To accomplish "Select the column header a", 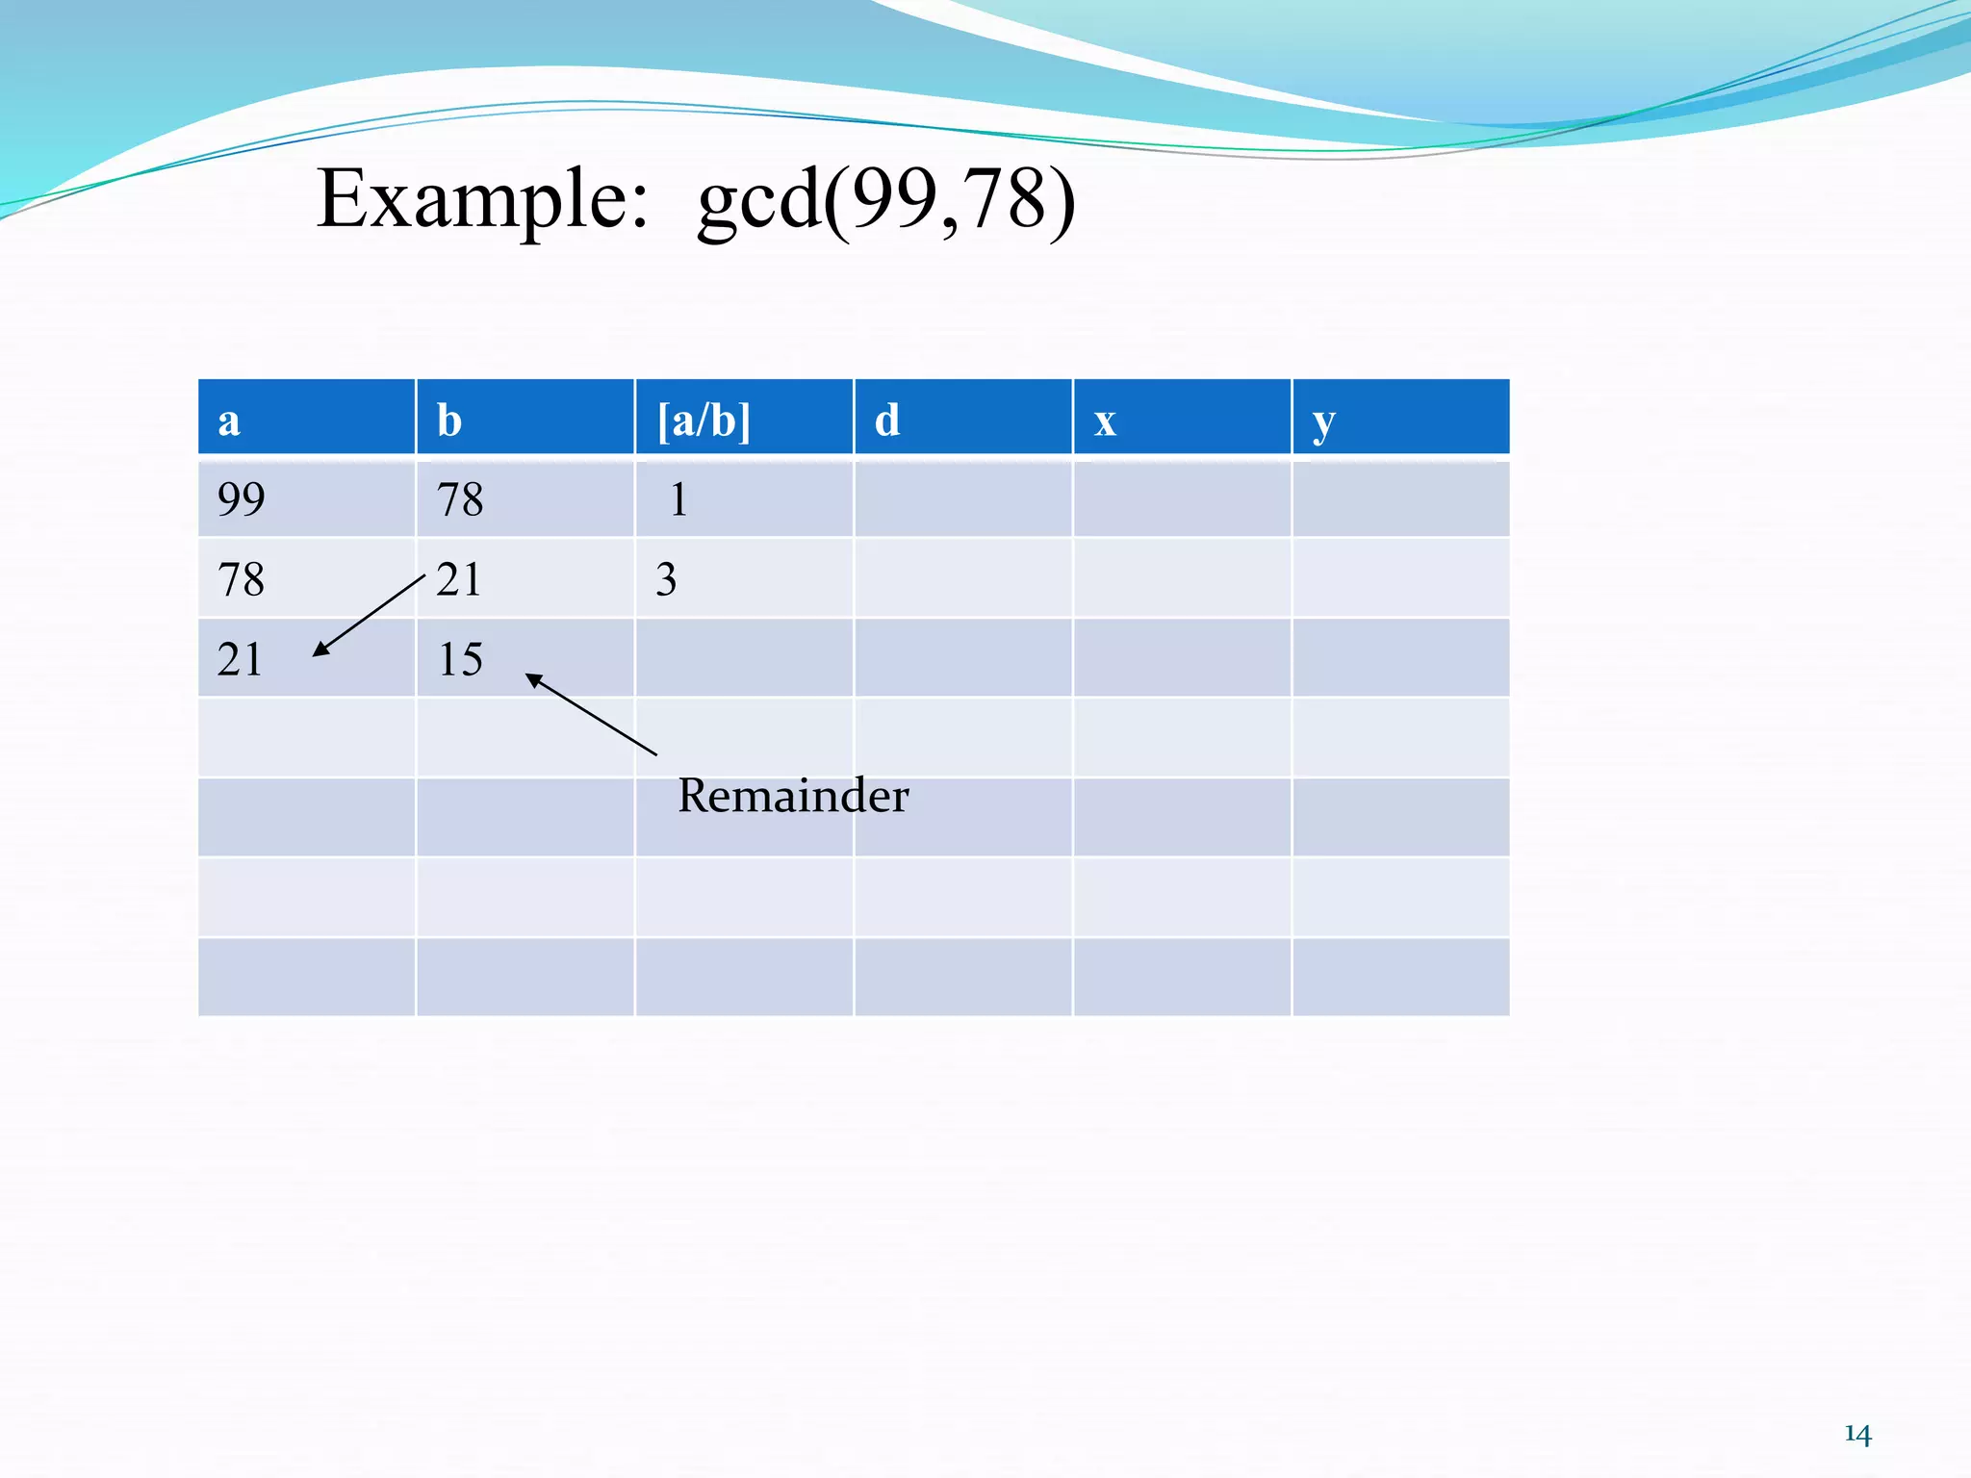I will (229, 420).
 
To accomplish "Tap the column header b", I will (449, 420).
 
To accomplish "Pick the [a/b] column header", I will (704, 420).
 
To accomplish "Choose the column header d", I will (887, 420).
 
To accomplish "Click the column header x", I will (1105, 420).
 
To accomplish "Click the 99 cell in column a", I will (241, 499).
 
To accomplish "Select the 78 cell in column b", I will (460, 499).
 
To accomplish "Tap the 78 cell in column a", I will (241, 579).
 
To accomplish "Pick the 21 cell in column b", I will (459, 579).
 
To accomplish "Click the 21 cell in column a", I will (240, 659).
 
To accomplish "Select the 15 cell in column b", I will (460, 659).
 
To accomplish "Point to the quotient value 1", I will (678, 499).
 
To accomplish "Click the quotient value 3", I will (666, 579).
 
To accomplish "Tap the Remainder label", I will (793, 796).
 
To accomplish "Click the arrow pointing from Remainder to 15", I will (591, 714).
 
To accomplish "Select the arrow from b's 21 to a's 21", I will (369, 616).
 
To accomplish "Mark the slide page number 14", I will (1857, 1435).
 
